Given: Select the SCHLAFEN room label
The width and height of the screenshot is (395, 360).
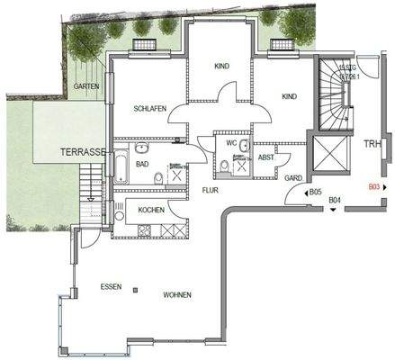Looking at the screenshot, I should coord(149,108).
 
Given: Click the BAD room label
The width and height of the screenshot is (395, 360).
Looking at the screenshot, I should coord(142,165).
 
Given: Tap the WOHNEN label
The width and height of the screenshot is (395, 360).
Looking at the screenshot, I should coord(177,294).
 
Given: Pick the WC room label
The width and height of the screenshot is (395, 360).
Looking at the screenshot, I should coord(232,141).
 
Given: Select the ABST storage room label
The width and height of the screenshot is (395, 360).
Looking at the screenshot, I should coord(266,157).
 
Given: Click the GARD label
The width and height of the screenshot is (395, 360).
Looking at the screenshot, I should coord(293,178).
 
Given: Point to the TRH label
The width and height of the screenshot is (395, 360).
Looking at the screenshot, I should coord(373,145).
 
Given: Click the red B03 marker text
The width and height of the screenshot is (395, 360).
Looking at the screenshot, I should coord(375,188).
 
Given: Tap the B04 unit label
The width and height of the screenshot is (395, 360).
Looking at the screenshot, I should coord(334,200).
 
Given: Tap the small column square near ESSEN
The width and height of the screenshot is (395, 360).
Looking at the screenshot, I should coord(135,289).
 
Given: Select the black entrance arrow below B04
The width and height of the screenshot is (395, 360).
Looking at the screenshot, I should coord(334,210).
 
